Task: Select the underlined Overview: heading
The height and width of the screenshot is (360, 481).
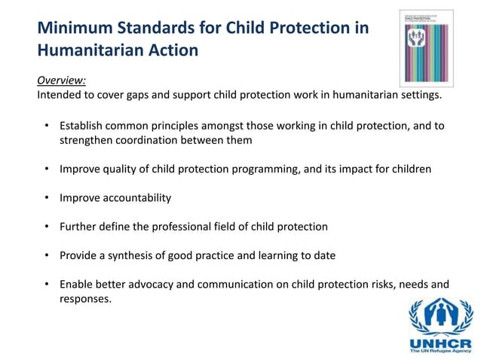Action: pyautogui.click(x=61, y=82)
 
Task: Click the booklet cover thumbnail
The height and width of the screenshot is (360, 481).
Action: pyautogui.click(x=426, y=47)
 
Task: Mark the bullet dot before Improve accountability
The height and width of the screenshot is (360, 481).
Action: pyautogui.click(x=46, y=198)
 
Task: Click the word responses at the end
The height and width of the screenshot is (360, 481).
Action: pyautogui.click(x=85, y=299)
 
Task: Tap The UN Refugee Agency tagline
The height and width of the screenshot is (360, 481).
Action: pyautogui.click(x=440, y=351)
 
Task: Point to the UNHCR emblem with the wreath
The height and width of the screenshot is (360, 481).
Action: pyautogui.click(x=440, y=315)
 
